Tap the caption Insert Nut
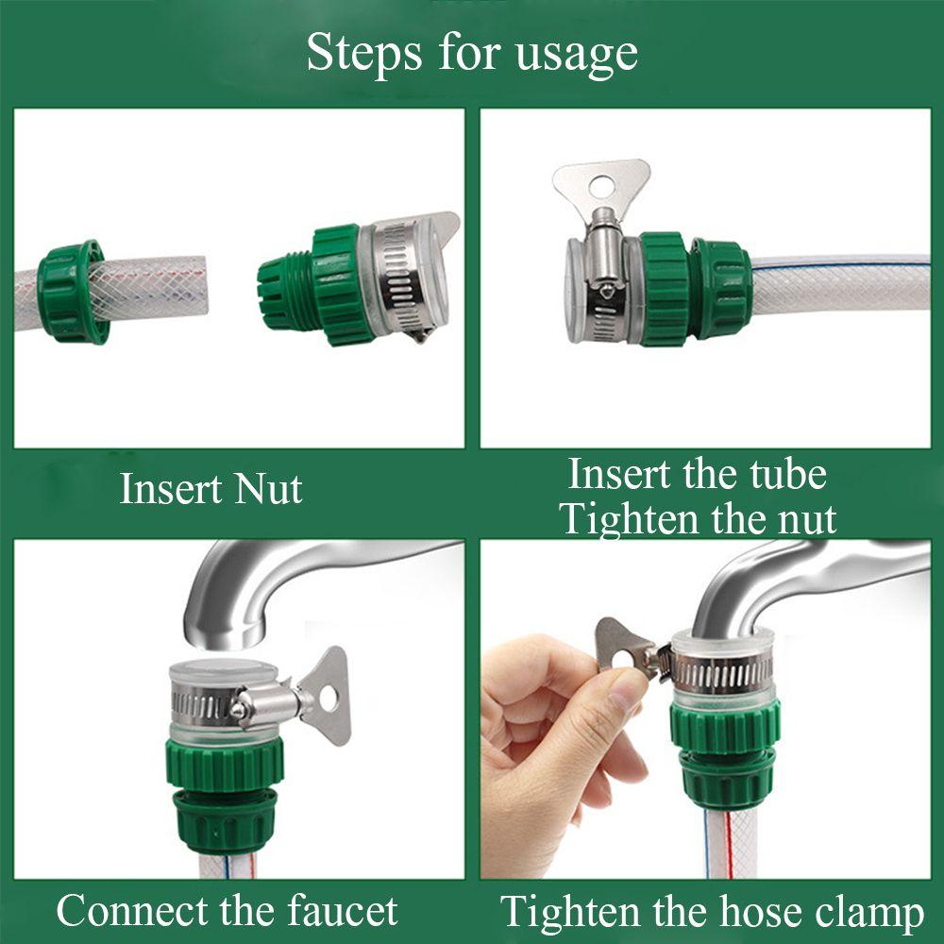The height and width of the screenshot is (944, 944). click(211, 490)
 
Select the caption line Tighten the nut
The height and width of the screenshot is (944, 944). click(698, 519)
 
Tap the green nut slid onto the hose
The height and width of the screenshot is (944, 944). click(72, 291)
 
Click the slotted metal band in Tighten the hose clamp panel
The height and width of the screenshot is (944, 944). click(727, 672)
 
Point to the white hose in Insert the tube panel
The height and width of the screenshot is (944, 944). click(840, 283)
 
